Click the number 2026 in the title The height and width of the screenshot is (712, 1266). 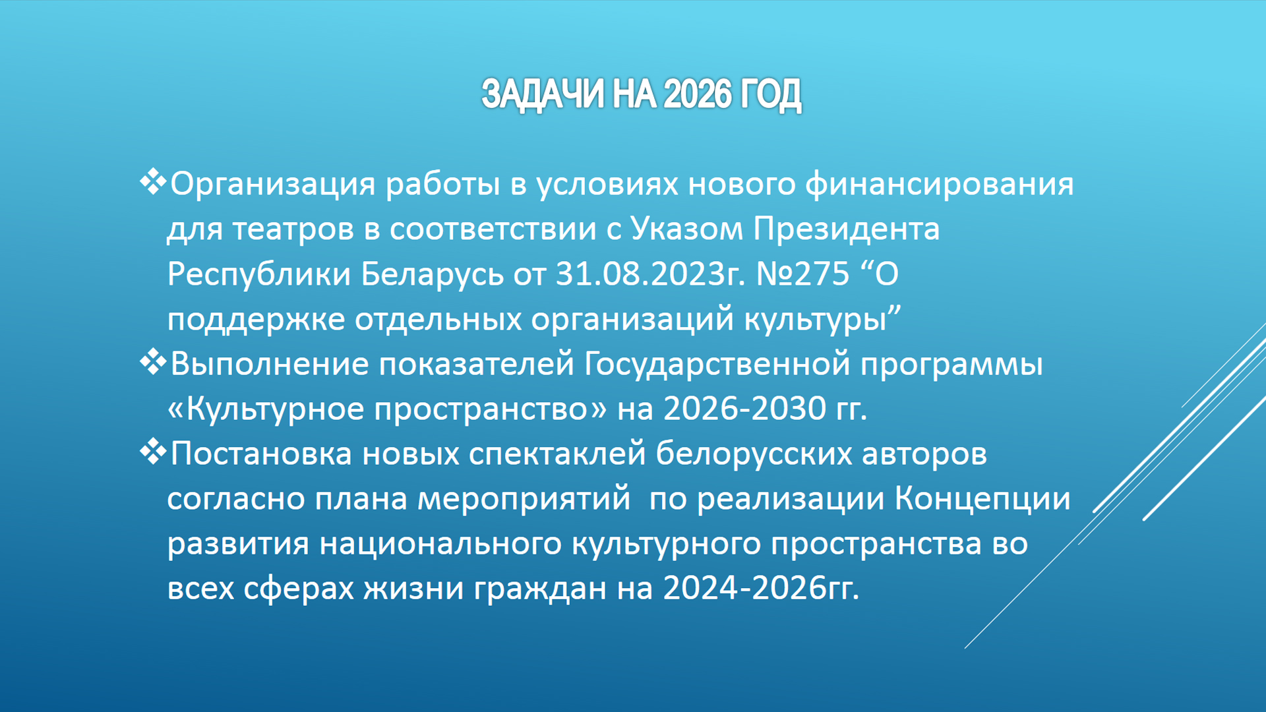698,94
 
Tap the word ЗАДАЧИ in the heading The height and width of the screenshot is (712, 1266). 542,95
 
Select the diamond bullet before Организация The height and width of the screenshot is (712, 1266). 153,182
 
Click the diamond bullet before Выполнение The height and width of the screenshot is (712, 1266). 153,362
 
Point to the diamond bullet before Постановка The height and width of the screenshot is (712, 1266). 153,452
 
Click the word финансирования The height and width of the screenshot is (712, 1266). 939,185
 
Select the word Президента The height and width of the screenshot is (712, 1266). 846,229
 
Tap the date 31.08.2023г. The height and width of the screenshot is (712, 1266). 650,274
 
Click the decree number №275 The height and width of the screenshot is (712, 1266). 802,274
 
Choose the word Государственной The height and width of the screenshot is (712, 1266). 717,365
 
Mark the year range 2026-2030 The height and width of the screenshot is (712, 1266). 744,409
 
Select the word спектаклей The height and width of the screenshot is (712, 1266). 557,454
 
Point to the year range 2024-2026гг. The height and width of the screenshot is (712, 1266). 761,588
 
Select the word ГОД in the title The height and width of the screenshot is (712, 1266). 771,95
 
